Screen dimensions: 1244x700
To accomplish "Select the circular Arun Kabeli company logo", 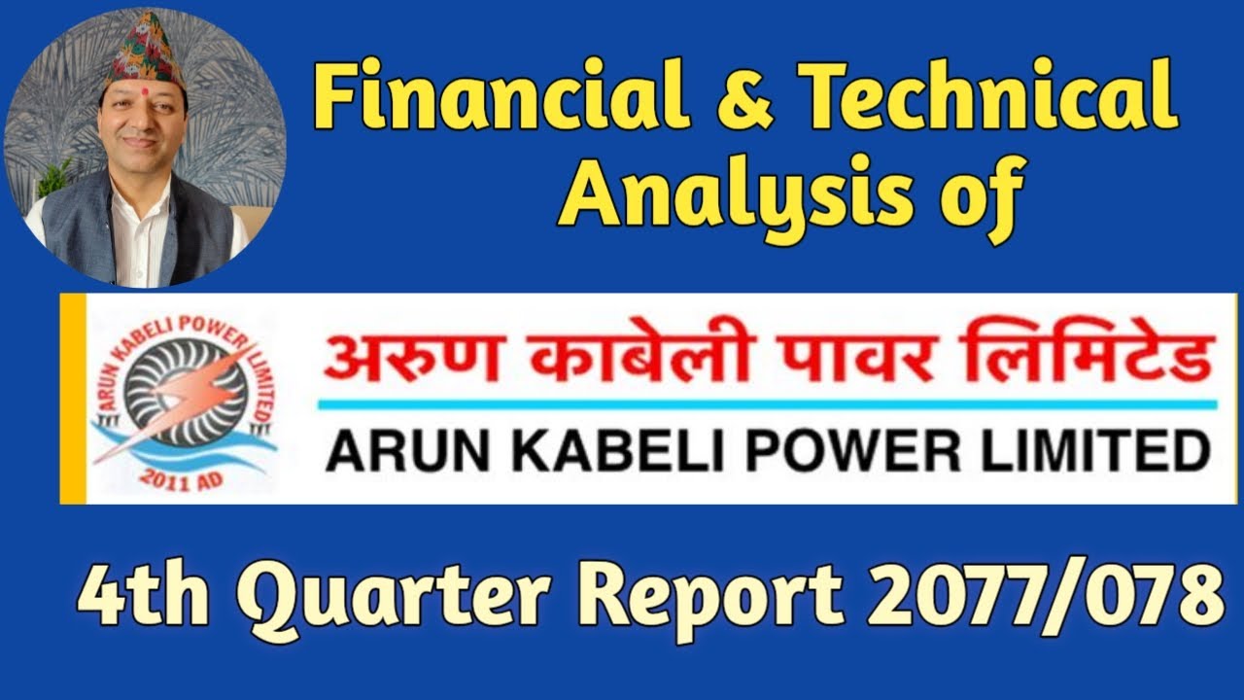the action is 184,399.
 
